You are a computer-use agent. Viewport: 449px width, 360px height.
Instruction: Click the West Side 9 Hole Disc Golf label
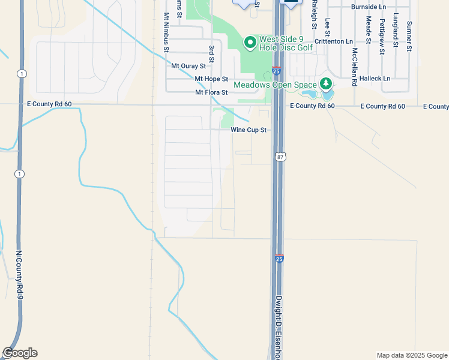(286, 43)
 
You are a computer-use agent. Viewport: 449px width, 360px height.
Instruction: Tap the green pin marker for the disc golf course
(250, 43)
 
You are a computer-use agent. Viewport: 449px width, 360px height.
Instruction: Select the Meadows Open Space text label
(275, 85)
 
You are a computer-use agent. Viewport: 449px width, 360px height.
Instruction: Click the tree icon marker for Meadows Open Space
(326, 83)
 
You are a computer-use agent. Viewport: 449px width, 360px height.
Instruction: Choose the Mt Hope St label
(211, 79)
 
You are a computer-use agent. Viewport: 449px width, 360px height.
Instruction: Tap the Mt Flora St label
(211, 92)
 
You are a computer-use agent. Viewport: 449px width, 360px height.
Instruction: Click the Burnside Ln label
(369, 7)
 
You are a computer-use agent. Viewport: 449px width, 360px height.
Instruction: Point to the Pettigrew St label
(382, 36)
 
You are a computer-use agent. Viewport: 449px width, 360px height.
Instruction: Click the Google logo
(20, 353)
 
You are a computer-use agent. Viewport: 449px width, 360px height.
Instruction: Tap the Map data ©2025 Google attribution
(412, 355)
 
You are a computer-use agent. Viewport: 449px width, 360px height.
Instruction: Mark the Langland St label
(396, 30)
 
